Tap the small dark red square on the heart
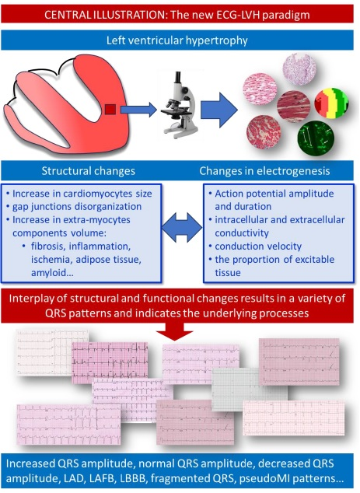click(110, 110)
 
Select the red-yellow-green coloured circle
click(331, 103)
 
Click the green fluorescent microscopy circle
click(316, 138)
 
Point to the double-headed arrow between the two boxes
click(182, 227)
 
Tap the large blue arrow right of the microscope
click(218, 110)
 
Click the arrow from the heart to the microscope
click(138, 110)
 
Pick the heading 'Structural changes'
click(89, 171)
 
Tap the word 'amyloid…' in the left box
click(52, 272)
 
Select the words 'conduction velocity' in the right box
click(258, 246)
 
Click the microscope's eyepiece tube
click(178, 81)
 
